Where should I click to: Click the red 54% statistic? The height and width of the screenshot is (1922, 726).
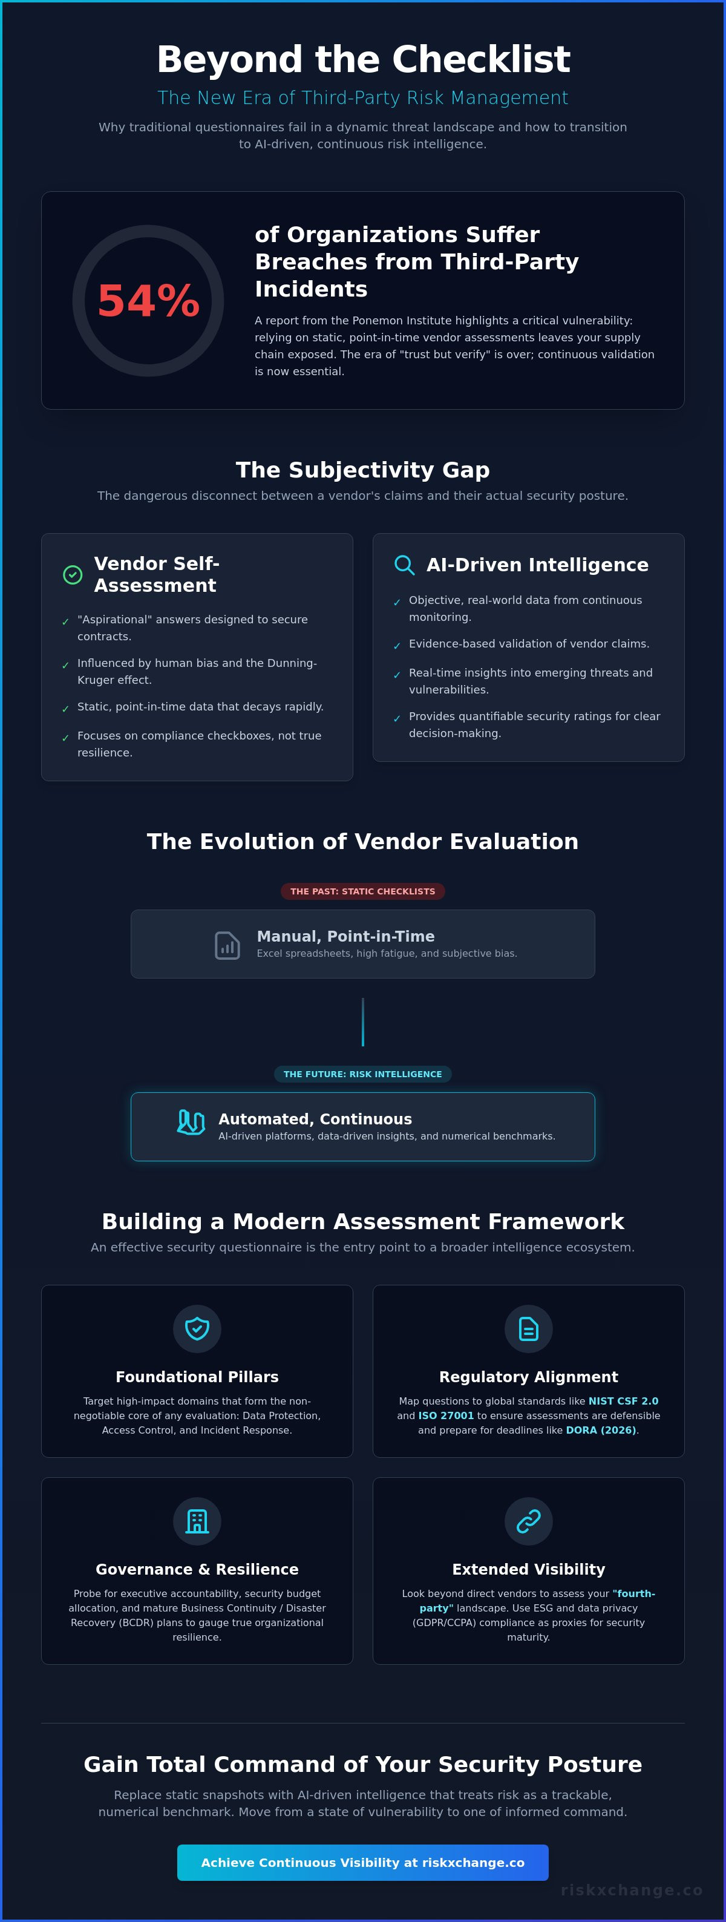(x=148, y=301)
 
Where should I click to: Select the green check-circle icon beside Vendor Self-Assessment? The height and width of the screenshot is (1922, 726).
(x=73, y=574)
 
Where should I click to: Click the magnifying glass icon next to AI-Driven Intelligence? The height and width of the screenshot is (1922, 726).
(x=404, y=565)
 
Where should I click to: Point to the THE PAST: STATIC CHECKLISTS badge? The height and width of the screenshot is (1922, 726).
(x=362, y=891)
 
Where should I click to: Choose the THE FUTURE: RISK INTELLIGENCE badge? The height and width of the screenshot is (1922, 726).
(x=362, y=1074)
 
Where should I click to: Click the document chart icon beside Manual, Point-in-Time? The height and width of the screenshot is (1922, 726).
(x=227, y=945)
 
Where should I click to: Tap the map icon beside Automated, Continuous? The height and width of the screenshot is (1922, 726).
(x=191, y=1121)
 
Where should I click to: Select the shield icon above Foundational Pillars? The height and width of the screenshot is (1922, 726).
(x=197, y=1329)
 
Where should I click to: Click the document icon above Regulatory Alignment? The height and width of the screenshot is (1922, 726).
(x=528, y=1329)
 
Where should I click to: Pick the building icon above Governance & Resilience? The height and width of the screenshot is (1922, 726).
(x=197, y=1521)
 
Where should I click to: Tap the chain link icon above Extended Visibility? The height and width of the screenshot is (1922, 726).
(x=528, y=1521)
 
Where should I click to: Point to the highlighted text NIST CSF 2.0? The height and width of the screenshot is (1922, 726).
(x=623, y=1401)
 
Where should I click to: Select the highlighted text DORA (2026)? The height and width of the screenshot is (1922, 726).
(x=601, y=1431)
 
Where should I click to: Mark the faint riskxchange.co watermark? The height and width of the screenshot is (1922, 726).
(x=631, y=1890)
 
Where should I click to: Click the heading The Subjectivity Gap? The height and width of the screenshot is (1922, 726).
(x=362, y=470)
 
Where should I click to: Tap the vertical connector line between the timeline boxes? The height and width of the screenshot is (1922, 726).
(x=362, y=1022)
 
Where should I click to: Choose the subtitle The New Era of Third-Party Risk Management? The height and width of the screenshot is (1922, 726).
(x=362, y=98)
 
